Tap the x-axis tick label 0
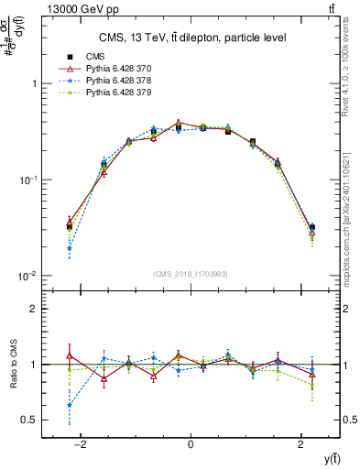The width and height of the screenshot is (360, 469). (191, 444)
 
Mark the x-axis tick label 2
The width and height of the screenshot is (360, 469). (301, 444)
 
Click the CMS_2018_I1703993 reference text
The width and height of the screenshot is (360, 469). (191, 274)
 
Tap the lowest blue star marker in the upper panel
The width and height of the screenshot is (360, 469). (70, 248)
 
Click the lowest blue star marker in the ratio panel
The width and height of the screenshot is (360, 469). (70, 405)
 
